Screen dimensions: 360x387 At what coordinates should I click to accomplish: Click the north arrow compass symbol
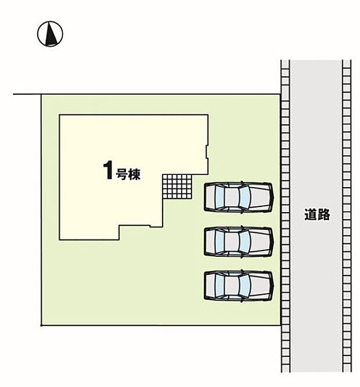50,34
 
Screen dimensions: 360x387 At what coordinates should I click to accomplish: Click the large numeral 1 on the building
108,170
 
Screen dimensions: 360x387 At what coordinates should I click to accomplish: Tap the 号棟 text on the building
128,174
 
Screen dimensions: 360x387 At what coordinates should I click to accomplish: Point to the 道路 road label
317,214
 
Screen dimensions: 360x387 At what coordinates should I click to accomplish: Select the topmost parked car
239,197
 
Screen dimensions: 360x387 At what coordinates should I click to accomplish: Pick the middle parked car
239,241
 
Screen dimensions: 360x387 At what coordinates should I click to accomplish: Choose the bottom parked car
239,285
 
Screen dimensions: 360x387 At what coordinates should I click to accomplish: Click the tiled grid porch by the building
177,187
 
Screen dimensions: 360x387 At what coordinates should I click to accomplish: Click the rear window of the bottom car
219,285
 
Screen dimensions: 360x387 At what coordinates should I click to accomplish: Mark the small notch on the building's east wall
207,152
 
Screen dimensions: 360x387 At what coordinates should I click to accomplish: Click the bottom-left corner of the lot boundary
41,325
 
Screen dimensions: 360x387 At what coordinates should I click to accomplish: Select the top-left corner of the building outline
59,115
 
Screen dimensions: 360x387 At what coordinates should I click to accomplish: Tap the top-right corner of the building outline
208,115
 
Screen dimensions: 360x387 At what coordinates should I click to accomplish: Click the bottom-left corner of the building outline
59,239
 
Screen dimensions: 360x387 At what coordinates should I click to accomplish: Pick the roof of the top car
231,197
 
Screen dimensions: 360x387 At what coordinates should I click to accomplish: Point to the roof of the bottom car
231,285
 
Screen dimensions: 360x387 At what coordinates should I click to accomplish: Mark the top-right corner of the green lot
280,94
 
